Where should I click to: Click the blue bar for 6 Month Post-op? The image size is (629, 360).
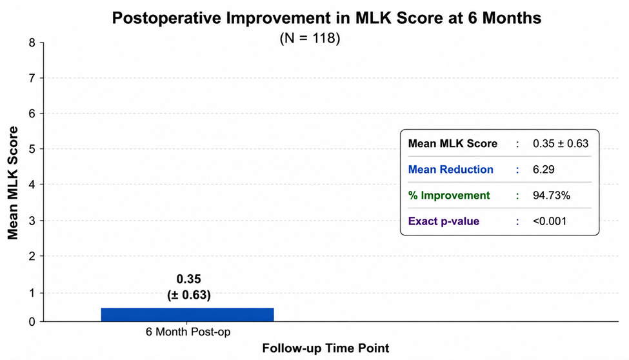coord(187,315)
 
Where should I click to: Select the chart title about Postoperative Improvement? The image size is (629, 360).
coord(326,19)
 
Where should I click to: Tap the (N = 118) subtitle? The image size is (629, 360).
coord(310,38)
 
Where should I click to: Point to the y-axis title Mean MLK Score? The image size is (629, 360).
coord(13,183)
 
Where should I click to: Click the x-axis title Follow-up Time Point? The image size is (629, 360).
coord(326,348)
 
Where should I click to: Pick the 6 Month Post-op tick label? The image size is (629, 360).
coord(188,332)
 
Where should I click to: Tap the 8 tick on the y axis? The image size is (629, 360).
coord(32,43)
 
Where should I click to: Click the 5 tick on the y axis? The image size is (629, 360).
coord(32,149)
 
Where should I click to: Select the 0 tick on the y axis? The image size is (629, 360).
coord(32,321)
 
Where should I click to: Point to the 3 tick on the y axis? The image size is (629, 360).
coord(32,221)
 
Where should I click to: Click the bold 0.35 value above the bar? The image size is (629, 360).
coord(188,279)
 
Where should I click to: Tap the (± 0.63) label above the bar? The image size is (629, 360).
coord(189,295)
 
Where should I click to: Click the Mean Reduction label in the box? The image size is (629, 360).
coord(450,170)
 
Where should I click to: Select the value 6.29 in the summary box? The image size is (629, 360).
coord(544,170)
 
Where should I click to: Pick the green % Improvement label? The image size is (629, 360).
coord(449,195)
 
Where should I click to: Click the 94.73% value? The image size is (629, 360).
coord(551,195)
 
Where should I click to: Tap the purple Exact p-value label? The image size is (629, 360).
coord(444,221)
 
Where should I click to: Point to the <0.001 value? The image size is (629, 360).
coord(550,221)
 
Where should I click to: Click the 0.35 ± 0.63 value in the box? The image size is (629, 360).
coord(561,143)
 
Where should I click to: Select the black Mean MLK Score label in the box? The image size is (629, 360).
coord(452,143)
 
